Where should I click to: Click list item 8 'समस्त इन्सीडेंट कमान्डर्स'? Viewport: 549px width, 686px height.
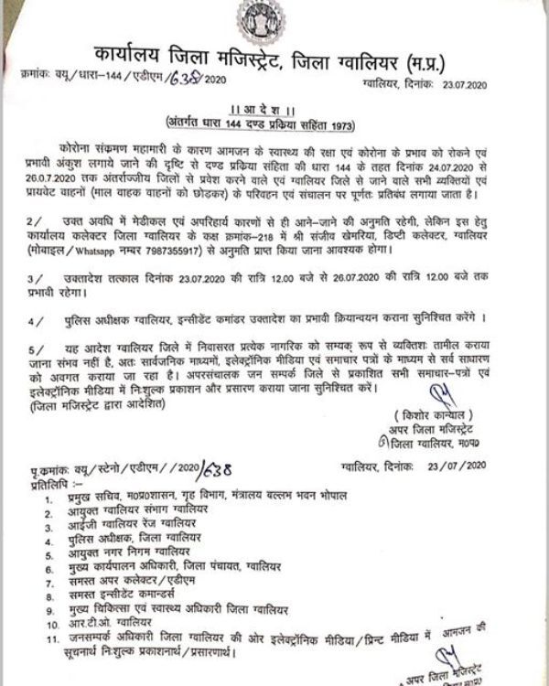[x=133, y=592]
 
